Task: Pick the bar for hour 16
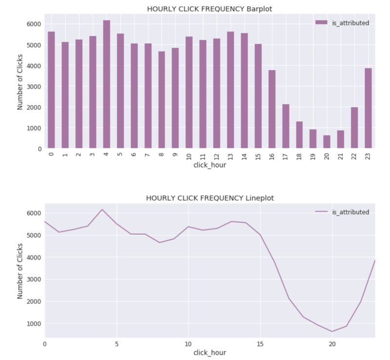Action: [x=272, y=109]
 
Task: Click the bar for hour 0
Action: [x=51, y=90]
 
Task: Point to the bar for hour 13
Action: [x=230, y=90]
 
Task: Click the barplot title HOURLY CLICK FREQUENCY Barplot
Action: [x=210, y=8]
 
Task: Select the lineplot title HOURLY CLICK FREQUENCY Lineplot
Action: [x=210, y=198]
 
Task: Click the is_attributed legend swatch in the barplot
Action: [x=322, y=23]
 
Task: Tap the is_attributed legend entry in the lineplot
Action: [x=342, y=212]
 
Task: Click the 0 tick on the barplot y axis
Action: [x=39, y=149]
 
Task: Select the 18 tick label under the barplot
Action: [x=299, y=156]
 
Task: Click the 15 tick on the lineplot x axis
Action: [x=260, y=343]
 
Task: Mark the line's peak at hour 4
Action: [x=102, y=209]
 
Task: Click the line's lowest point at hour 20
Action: [x=331, y=332]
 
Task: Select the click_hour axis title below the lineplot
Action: [x=210, y=353]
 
